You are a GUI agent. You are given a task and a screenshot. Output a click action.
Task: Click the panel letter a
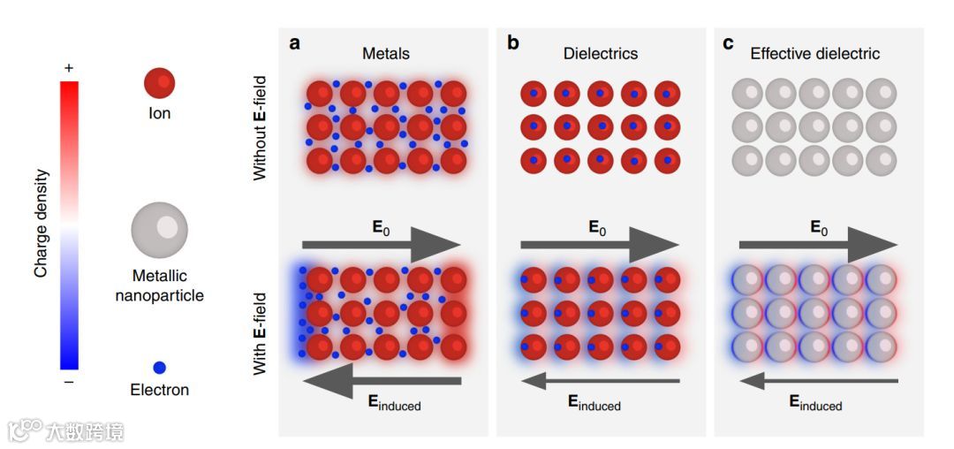[296, 43]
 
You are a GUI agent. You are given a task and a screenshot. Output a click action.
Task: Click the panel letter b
[513, 43]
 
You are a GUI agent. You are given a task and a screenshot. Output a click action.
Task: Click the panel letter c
[729, 43]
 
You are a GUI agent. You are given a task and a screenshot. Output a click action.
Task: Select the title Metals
[386, 54]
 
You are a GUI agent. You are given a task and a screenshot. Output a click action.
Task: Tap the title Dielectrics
[601, 54]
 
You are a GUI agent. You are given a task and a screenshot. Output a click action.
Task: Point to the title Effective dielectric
[815, 54]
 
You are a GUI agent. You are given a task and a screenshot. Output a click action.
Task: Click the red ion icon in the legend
[160, 84]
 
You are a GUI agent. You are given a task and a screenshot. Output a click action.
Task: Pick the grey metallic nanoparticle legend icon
[160, 229]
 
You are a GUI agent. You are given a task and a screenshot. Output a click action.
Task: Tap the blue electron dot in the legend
[159, 367]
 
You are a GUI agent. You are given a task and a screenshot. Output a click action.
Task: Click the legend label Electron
[160, 390]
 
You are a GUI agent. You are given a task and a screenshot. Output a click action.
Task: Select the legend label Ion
[160, 113]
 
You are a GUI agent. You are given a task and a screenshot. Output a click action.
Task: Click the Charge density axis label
[41, 224]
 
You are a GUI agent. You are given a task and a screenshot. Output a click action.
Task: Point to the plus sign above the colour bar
[69, 68]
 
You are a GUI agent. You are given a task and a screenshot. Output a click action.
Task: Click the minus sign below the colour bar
[69, 382]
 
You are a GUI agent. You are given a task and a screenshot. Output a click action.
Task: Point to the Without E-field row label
[260, 129]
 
